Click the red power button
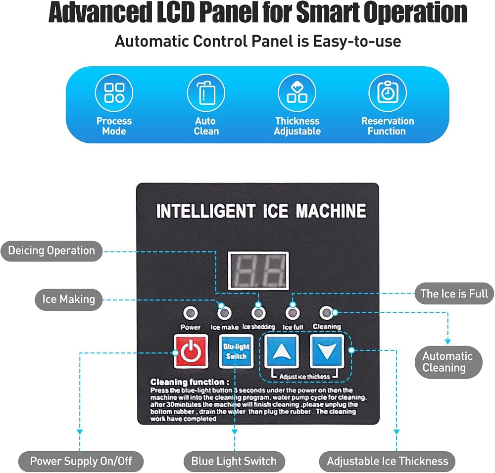click(x=191, y=351)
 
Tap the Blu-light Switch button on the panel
click(x=236, y=351)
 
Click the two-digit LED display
click(x=258, y=271)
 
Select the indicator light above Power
click(x=191, y=313)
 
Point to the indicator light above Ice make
click(x=224, y=313)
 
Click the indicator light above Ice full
click(x=293, y=313)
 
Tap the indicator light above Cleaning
click(x=326, y=312)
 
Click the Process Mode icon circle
click(x=114, y=93)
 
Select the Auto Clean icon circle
click(x=206, y=93)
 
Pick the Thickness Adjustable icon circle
click(x=297, y=93)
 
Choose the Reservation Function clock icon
click(x=388, y=93)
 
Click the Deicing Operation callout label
click(x=51, y=251)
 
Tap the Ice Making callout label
click(x=68, y=300)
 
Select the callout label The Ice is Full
click(x=454, y=294)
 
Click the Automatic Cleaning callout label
click(x=448, y=362)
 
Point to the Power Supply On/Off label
click(x=81, y=461)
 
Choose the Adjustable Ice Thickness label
click(x=388, y=461)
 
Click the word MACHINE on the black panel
click(x=331, y=211)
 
